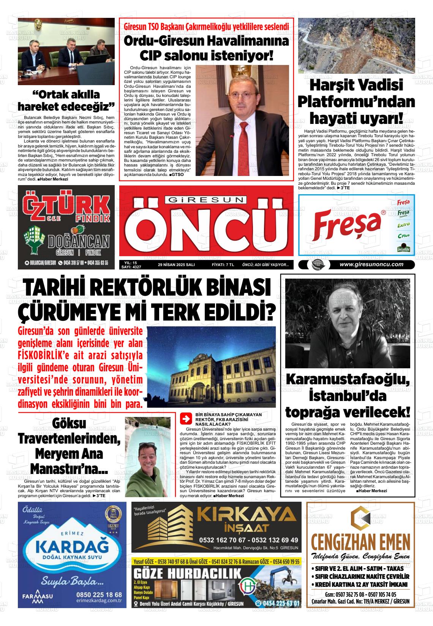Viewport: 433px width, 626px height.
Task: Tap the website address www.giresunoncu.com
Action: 371,265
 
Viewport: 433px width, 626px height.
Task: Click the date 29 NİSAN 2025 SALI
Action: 176,265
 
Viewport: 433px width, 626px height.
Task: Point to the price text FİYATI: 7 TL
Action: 223,265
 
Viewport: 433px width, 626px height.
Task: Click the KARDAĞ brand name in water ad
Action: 72,547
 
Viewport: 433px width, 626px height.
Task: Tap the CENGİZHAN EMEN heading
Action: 360,540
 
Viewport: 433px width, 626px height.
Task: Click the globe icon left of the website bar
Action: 315,265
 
